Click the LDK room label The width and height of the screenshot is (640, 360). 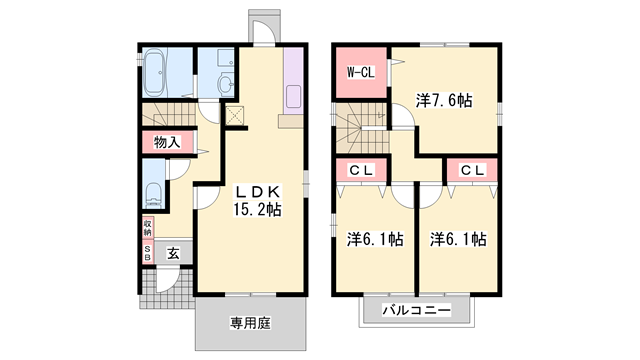[x=257, y=191]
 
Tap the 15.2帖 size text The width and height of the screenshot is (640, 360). [x=257, y=210]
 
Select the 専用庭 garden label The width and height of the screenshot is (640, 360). [x=251, y=322]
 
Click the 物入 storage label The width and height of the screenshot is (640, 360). [x=166, y=143]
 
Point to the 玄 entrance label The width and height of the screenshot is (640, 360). [x=173, y=254]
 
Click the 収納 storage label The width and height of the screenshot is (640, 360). [x=146, y=227]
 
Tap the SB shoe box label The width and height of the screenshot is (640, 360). [x=146, y=253]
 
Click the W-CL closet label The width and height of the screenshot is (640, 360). [x=360, y=73]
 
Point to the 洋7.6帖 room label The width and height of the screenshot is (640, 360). [x=444, y=100]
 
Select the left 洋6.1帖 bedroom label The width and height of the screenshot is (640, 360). [x=375, y=239]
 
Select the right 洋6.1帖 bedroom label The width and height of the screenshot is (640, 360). [x=459, y=239]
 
